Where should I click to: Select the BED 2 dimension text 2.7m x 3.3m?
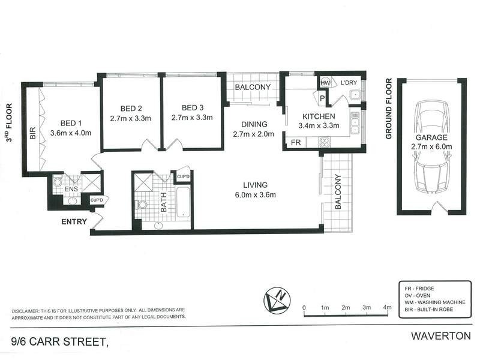coord(131,118)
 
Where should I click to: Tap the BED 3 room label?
coord(192,108)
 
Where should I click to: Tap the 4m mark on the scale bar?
coord(388,308)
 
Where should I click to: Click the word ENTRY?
coord(74,221)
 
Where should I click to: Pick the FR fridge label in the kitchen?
coord(295,143)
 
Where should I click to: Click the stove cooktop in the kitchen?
coord(325,143)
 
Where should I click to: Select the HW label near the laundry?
coord(326,83)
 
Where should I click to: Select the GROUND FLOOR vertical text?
coord(388,108)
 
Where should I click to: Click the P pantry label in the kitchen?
coord(322,98)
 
